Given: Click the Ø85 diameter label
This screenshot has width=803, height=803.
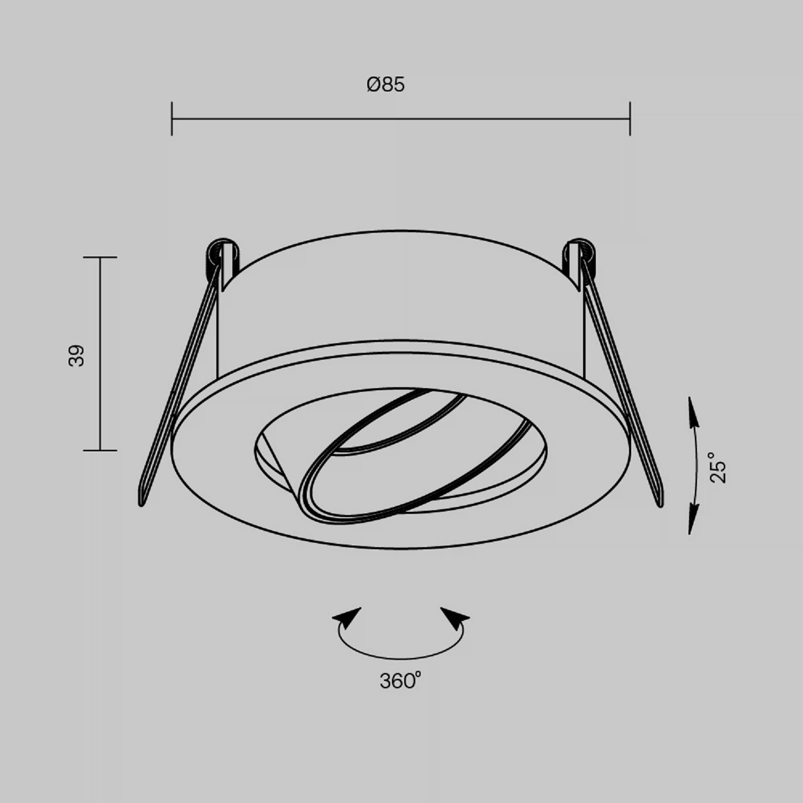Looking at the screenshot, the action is point(385,85).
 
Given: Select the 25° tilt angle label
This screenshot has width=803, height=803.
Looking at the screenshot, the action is point(719,467).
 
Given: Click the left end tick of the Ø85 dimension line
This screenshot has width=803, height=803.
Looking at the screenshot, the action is point(172,118).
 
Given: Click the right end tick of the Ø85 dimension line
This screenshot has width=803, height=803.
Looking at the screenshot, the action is point(630,118).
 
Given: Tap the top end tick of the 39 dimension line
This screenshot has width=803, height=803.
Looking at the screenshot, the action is point(100,257).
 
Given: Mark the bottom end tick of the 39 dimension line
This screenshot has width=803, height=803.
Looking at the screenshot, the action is point(100,450).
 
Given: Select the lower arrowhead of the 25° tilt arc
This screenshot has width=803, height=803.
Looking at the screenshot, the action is point(693,520).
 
